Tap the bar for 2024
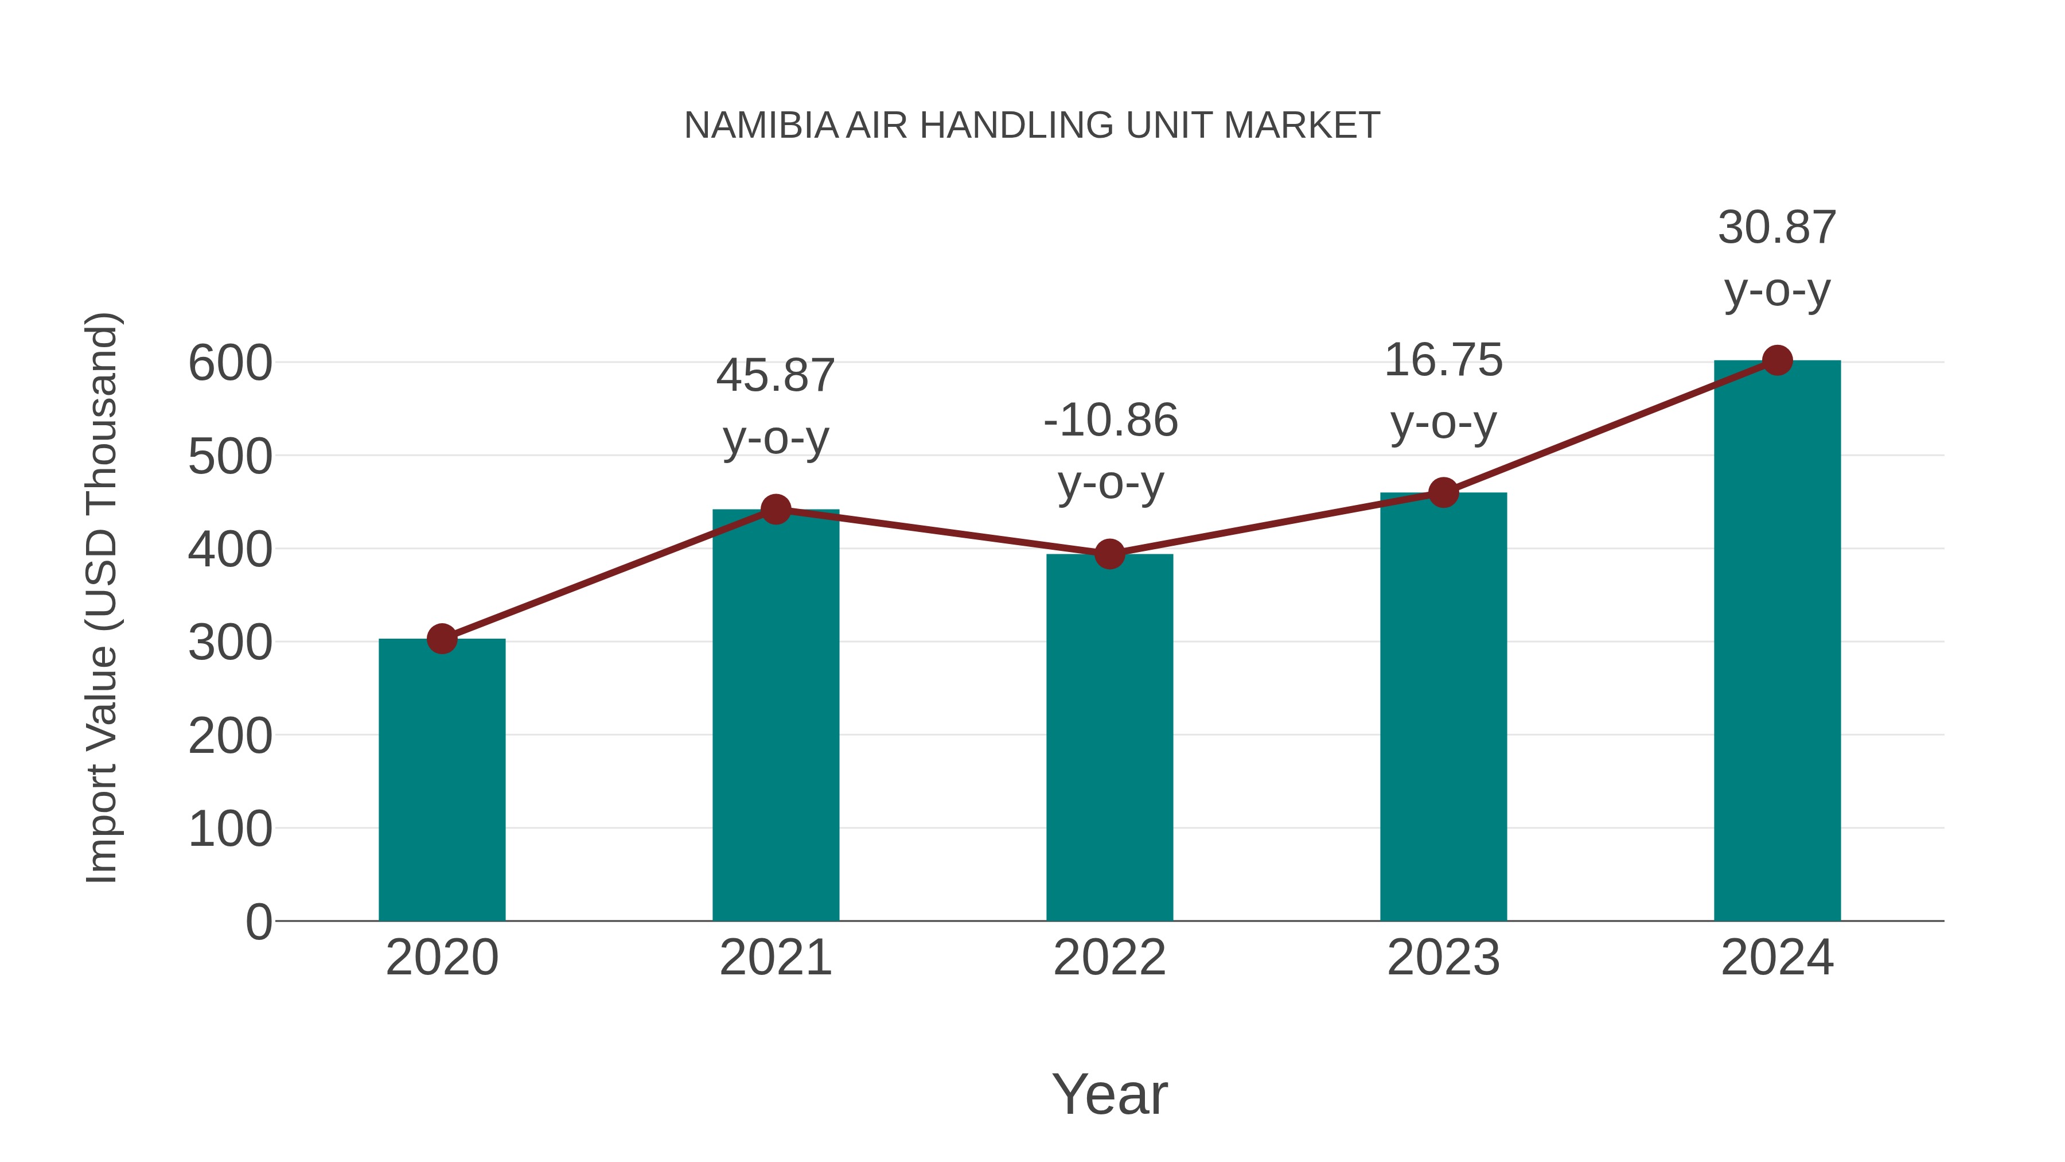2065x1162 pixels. pos(1777,642)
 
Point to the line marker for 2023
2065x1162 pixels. pos(1443,492)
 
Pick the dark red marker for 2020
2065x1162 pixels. pos(442,639)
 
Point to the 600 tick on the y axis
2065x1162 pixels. pos(230,363)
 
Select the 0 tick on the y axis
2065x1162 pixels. pos(258,922)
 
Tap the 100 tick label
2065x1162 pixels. pos(230,829)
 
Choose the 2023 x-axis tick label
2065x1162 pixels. pos(1443,958)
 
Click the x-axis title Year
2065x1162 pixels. pos(1109,1094)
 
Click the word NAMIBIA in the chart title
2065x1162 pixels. pos(761,126)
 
